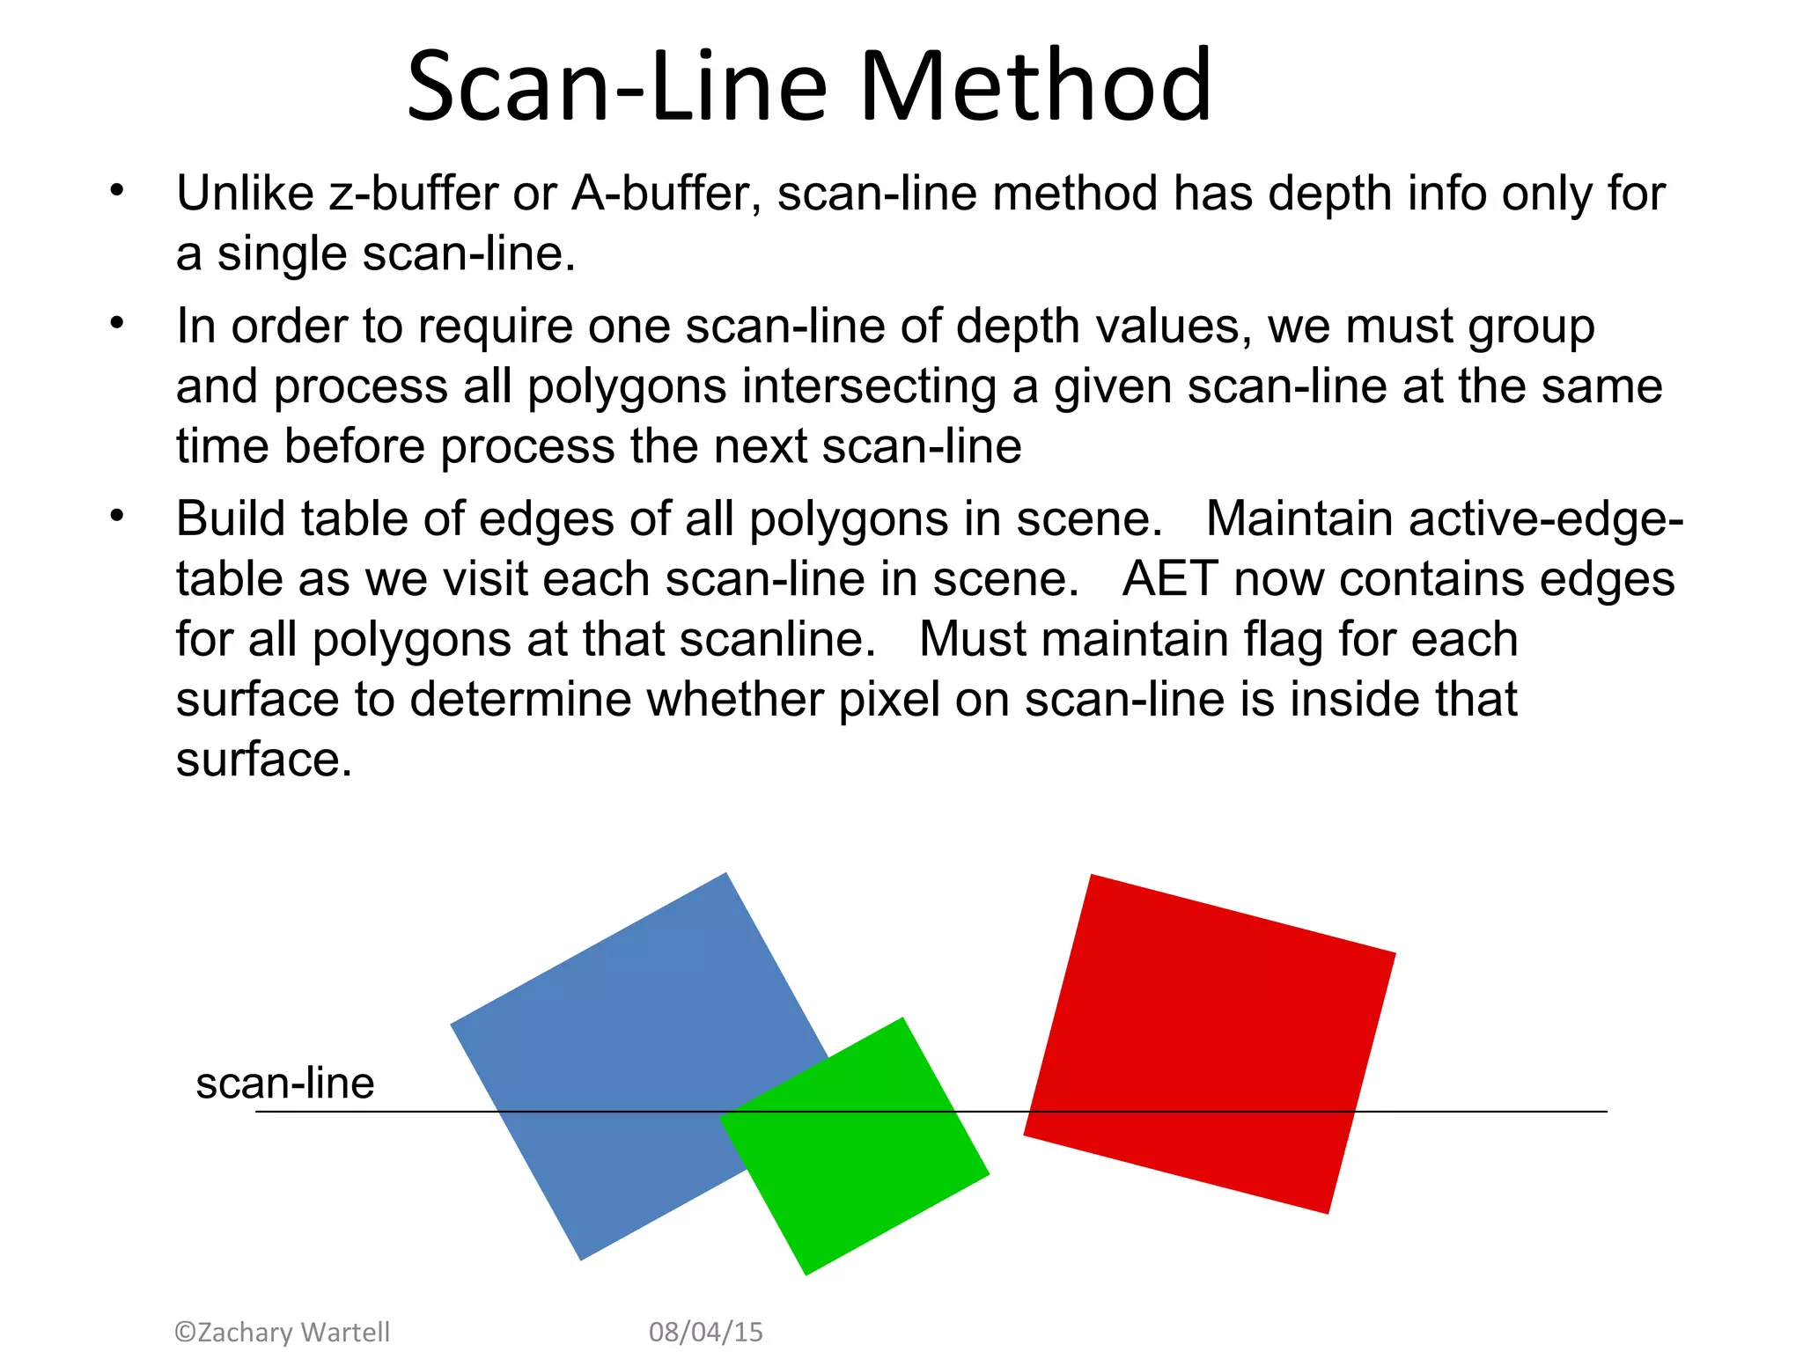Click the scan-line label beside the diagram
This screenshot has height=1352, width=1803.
[x=284, y=1083]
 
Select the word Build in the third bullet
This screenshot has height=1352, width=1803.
[x=231, y=518]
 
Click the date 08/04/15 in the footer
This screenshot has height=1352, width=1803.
[x=706, y=1332]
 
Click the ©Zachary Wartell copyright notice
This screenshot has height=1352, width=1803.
[x=282, y=1332]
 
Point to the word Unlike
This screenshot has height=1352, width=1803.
[x=245, y=194]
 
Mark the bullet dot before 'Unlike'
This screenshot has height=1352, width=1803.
[x=117, y=190]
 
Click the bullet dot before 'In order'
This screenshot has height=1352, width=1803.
[x=117, y=323]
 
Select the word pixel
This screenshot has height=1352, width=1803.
[x=889, y=700]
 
